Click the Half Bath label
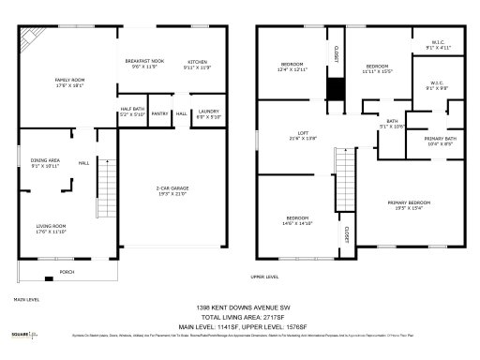click(131, 112)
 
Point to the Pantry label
click(159, 113)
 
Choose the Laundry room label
click(208, 114)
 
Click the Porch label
click(67, 274)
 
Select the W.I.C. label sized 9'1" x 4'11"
click(438, 44)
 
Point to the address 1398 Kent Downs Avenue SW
click(239, 307)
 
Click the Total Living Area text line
click(239, 317)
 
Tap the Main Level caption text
click(26, 300)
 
